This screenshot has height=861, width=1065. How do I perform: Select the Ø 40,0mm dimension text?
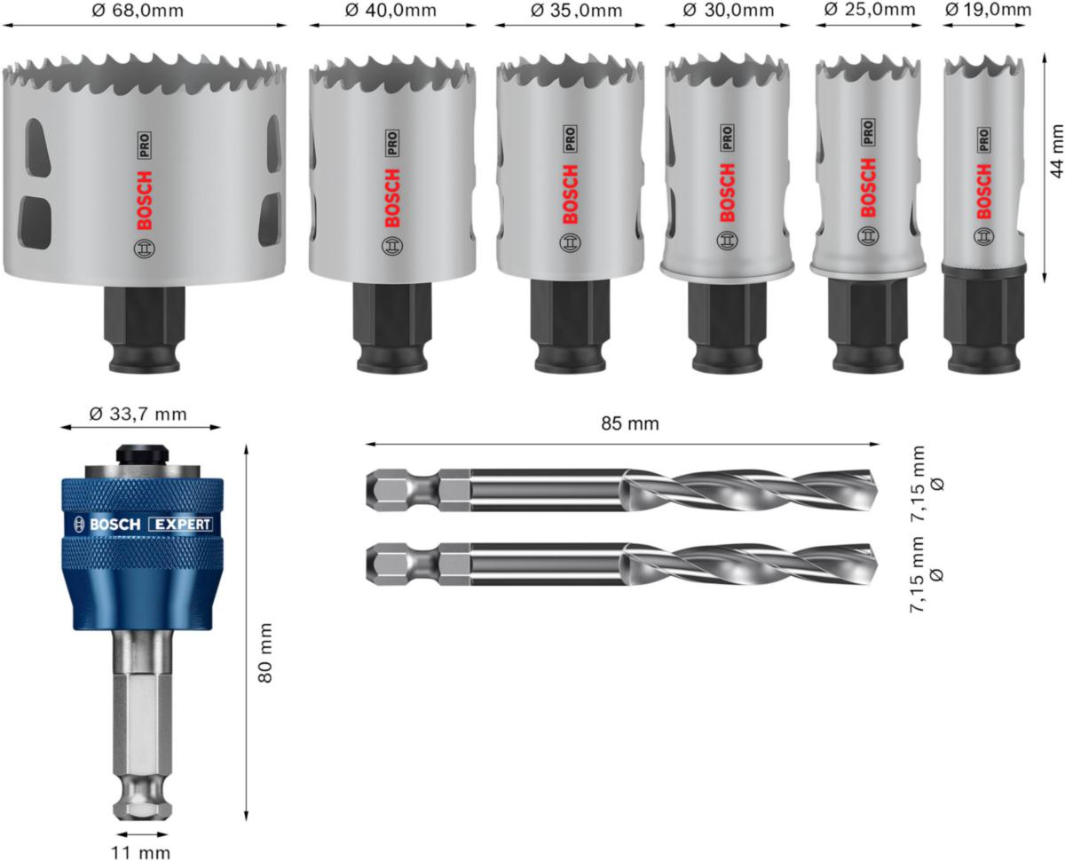click(x=391, y=11)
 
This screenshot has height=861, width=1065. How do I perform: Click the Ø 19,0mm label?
click(x=988, y=11)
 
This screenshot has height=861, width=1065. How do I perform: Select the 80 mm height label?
click(x=264, y=652)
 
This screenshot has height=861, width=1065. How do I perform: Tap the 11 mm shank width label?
click(x=142, y=852)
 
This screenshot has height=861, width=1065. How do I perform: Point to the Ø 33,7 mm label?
click(x=139, y=413)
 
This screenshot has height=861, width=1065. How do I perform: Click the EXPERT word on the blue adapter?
click(x=180, y=525)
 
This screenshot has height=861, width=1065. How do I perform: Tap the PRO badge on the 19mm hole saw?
click(x=983, y=138)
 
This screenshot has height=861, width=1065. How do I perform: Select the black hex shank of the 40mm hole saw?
click(x=393, y=324)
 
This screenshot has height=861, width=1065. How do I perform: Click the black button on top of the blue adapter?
click(x=142, y=453)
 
